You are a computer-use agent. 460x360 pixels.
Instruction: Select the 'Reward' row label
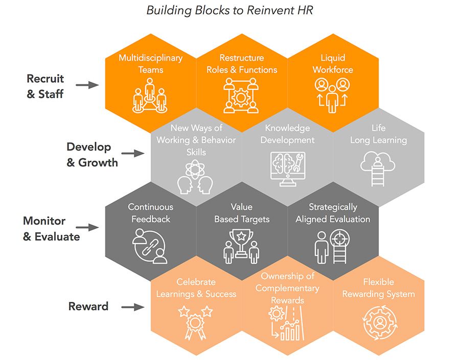[88, 306]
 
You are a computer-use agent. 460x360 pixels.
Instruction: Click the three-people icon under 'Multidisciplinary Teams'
[150, 99]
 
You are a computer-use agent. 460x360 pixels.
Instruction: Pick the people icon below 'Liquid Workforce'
[333, 95]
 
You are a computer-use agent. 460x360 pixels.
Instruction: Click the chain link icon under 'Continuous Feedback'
[149, 246]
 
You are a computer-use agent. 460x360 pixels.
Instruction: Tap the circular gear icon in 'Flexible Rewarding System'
[379, 322]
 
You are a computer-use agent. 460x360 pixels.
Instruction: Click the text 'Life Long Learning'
[378, 134]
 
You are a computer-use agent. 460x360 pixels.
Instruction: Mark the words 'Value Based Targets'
[242, 213]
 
